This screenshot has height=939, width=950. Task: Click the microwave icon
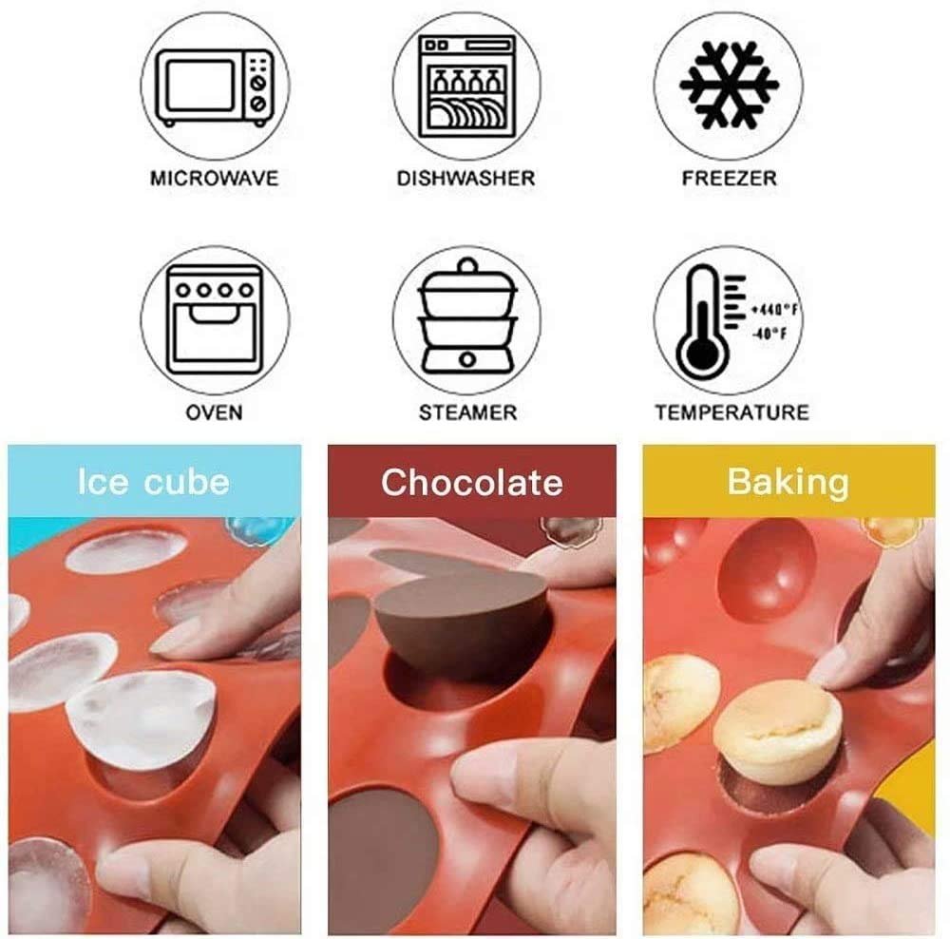pos(215,87)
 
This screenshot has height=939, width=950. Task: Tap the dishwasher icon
pos(466,86)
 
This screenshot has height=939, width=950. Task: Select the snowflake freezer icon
pos(729,85)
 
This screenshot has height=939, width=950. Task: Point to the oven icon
pos(215,319)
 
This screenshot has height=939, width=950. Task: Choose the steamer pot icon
pos(467,317)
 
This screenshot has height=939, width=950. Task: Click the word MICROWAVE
pos(215,179)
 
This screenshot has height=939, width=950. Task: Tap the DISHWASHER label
pos(465,179)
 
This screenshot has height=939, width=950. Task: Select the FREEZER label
pos(729,179)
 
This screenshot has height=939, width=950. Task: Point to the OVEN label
pos(215,412)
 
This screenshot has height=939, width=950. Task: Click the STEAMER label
pos(467,412)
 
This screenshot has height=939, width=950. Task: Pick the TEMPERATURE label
pos(731,412)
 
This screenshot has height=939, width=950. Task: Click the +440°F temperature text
pos(773,310)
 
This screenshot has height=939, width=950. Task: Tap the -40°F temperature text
pos(769,334)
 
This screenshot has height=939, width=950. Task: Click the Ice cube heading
pos(154,483)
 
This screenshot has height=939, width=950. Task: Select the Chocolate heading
pos(472,483)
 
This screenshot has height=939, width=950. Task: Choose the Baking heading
pos(788,483)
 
